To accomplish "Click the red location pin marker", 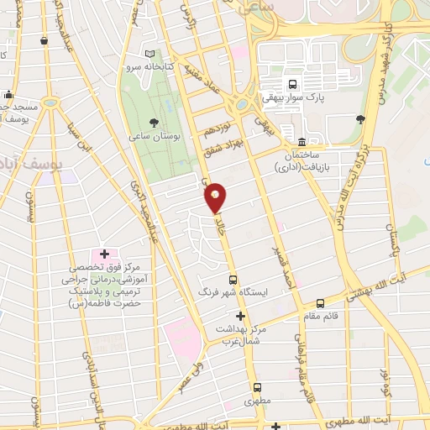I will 216,197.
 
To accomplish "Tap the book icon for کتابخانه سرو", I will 149,52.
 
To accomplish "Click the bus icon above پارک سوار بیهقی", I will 292,84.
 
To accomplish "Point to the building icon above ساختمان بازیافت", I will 302,140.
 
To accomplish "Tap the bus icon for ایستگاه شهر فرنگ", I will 233,281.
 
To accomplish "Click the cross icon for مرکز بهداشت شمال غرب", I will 240,316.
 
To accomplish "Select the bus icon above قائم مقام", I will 320,303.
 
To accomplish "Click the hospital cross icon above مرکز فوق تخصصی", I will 105,254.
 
